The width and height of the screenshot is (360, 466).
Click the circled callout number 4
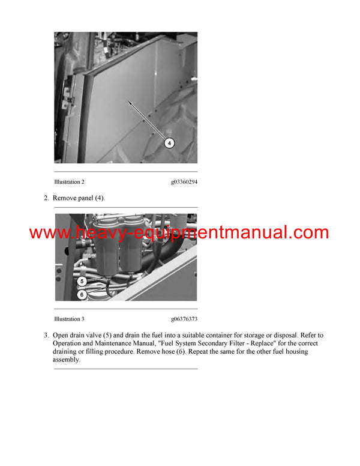pos(170,143)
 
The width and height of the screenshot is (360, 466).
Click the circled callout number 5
pos(82,280)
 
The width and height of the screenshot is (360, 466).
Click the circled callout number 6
pos(82,294)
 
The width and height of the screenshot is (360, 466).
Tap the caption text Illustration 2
pos(69,181)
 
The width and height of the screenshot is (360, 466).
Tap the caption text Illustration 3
pos(69,319)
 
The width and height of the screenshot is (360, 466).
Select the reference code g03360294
pos(184,181)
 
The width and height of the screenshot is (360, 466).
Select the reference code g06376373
pos(184,319)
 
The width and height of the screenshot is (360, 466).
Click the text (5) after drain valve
pos(125,335)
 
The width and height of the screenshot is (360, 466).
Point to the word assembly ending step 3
pos(65,360)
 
